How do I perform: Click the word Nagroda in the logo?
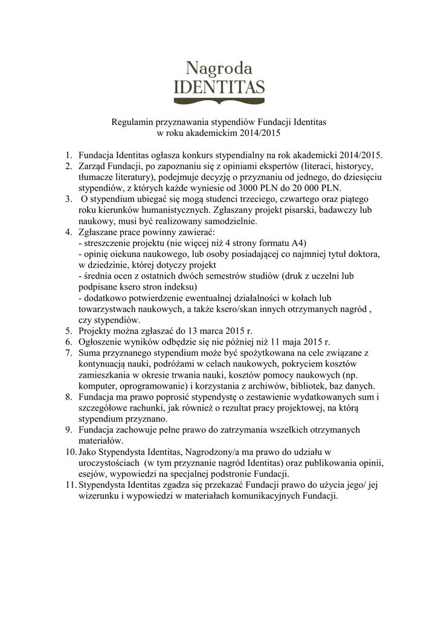coord(219,65)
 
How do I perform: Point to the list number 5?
coord(68,331)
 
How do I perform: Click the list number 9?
coord(68,430)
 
